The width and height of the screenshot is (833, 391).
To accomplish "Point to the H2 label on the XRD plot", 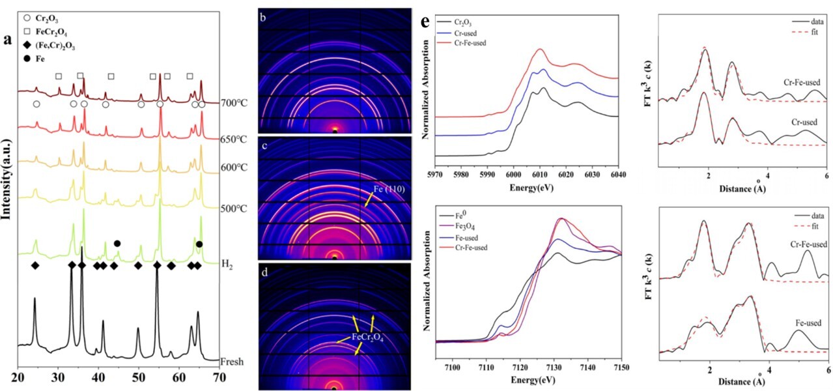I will [227, 265].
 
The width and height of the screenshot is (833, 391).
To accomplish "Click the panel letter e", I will [425, 22].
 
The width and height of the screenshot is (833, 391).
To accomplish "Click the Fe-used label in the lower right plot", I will [806, 322].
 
